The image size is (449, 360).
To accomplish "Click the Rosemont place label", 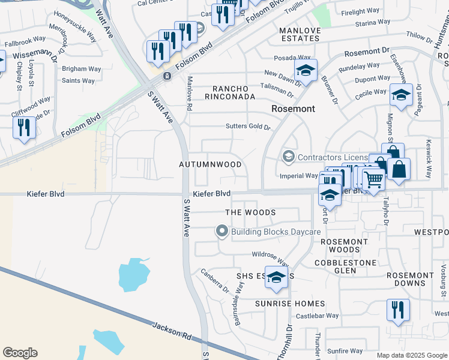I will coord(293,109).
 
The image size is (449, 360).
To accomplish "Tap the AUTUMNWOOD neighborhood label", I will coord(210,164).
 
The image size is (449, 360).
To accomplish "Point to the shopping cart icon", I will coord(373,178).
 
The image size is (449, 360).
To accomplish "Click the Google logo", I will coord(20,353).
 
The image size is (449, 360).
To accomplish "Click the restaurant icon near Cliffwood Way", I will coord(24,127).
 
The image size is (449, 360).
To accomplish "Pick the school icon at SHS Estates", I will coord(276,277).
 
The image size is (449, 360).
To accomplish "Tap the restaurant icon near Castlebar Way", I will coord(398,310).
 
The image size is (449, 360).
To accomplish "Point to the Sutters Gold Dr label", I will coord(248,127).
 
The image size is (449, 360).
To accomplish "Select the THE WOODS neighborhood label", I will coord(250,212).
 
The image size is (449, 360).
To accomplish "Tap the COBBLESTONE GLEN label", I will coord(346,266).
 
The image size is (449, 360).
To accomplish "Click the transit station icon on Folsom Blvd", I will coord(166,76).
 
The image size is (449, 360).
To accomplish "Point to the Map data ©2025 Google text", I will coord(412,355).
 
